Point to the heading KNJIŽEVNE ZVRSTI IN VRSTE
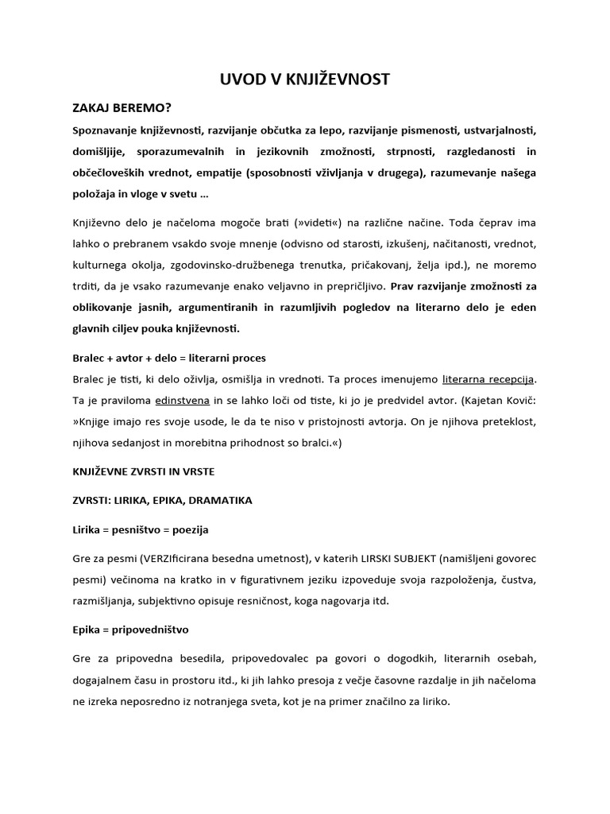coord(144,471)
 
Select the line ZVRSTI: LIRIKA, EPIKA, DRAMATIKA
coord(162,500)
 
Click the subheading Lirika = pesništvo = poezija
coord(141,529)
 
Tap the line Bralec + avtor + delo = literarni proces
coord(169,358)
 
